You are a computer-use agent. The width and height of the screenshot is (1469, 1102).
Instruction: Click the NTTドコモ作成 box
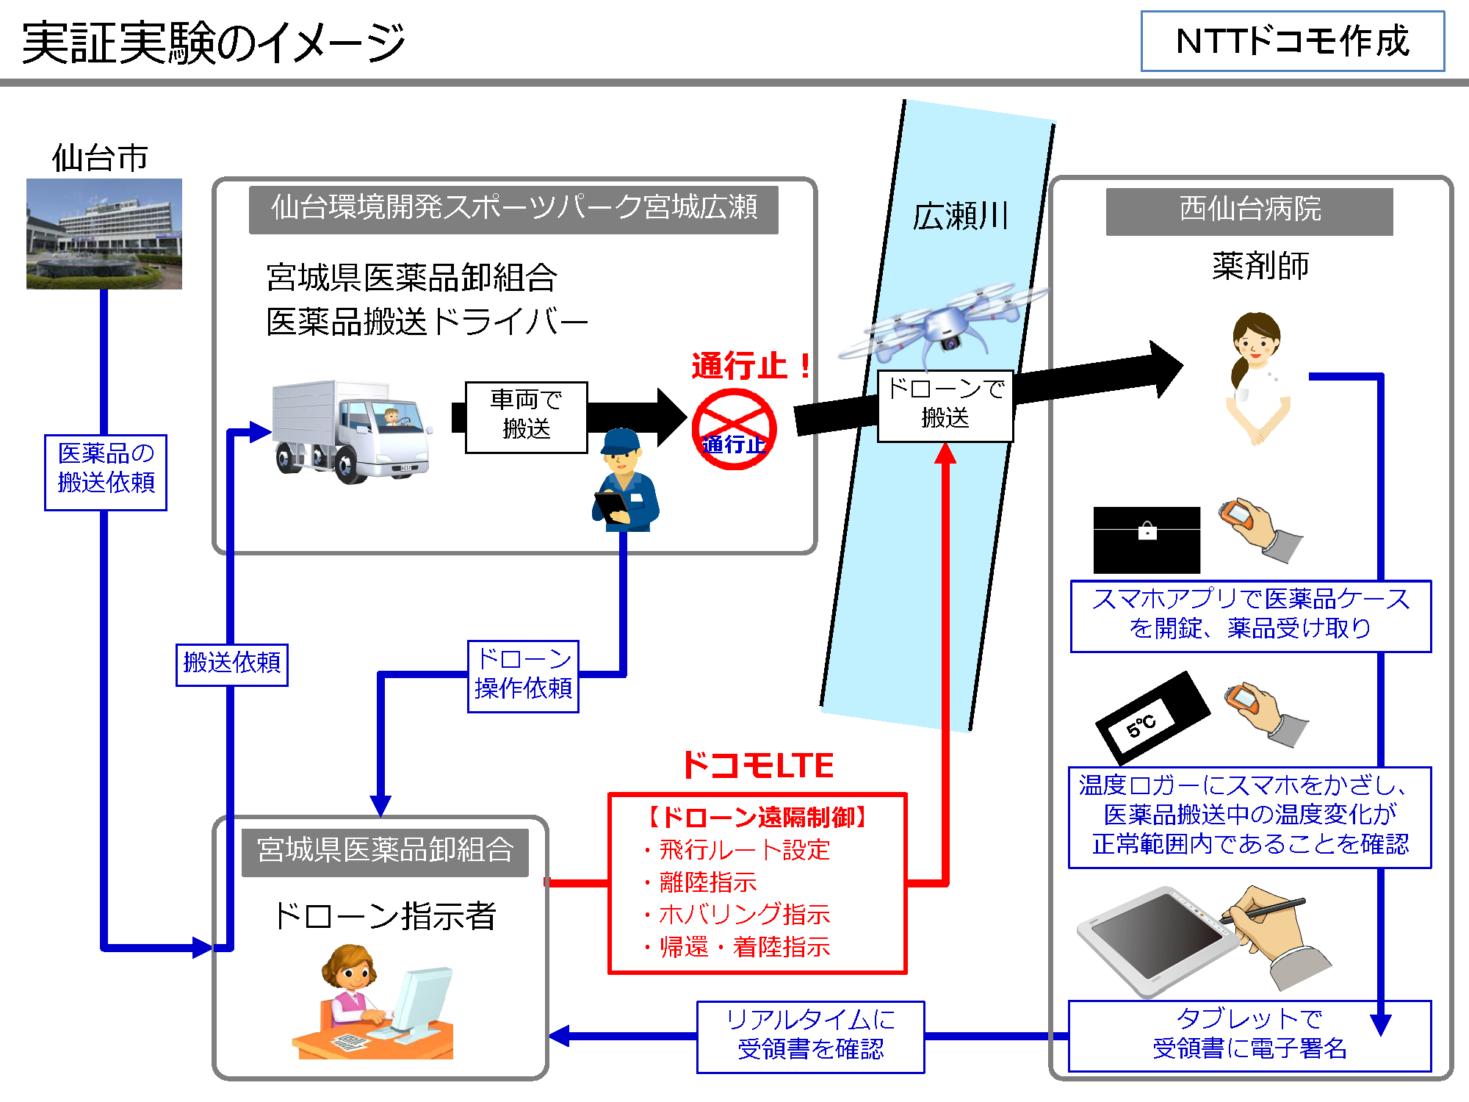[1292, 41]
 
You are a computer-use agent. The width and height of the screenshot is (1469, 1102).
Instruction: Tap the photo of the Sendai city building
[104, 234]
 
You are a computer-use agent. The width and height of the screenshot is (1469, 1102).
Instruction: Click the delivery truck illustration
[351, 431]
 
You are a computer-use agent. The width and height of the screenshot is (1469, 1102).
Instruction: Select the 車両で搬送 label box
[526, 417]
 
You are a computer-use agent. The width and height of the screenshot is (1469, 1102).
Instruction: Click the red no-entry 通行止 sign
[734, 430]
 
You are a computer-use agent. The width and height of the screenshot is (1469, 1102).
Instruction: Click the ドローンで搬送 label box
[945, 406]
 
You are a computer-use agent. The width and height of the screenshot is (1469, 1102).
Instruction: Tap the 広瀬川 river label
[961, 216]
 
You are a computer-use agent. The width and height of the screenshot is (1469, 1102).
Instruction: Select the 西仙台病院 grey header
[1249, 211]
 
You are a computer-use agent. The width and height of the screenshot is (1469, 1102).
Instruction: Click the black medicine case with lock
[1146, 539]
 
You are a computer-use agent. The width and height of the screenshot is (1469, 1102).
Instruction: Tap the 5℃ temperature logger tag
[1151, 718]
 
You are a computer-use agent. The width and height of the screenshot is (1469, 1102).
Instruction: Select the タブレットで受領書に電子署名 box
[1249, 1035]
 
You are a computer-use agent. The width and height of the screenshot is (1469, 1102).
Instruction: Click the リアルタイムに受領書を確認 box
[810, 1036]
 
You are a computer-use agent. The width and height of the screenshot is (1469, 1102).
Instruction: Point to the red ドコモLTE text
[758, 766]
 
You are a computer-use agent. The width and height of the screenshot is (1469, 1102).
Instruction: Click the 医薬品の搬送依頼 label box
[106, 472]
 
